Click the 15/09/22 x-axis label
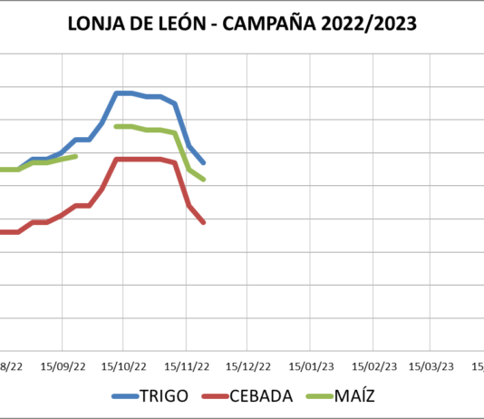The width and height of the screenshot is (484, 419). tap(63, 366)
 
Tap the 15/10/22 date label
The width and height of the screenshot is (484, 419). tap(124, 366)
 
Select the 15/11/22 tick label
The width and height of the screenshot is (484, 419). tap(186, 366)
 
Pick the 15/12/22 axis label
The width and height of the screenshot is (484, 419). tap(248, 366)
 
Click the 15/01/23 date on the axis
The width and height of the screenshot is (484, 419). tap(311, 366)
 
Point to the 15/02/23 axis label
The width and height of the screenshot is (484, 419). tap(373, 366)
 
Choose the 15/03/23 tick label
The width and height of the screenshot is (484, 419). tap(431, 366)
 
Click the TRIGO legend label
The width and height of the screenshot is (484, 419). tap(164, 396)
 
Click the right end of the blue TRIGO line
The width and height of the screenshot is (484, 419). tap(204, 162)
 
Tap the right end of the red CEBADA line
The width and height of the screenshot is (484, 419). tap(204, 222)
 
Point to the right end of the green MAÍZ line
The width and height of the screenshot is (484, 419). tap(204, 180)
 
